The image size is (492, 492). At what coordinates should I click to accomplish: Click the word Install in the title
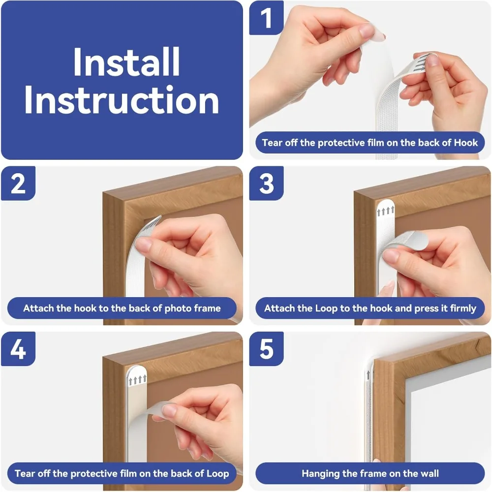[126, 62]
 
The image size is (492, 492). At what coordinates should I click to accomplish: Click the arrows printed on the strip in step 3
[386, 212]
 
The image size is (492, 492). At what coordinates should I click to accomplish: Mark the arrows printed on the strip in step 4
[138, 379]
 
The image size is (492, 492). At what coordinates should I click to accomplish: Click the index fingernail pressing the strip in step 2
[143, 245]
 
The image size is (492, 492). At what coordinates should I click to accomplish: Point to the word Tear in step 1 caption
[272, 143]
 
